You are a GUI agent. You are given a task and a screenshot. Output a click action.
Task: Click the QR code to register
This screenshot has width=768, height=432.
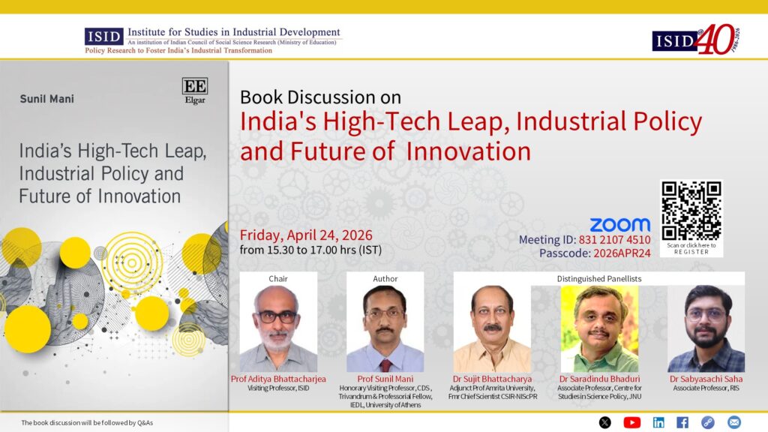(691, 211)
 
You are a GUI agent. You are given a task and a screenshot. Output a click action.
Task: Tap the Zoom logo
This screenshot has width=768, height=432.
(620, 225)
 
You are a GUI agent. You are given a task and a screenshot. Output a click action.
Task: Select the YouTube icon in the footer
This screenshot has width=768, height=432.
(631, 422)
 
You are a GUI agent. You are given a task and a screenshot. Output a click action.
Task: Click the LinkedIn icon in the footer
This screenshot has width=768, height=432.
(658, 422)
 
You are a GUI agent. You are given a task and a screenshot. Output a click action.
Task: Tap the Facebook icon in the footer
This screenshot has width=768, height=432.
(682, 422)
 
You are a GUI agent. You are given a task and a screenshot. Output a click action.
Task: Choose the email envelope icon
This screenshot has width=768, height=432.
(733, 422)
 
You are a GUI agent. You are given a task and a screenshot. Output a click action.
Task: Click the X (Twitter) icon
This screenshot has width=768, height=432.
(605, 422)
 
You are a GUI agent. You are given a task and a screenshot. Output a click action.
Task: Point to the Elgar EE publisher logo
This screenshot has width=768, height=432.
(195, 91)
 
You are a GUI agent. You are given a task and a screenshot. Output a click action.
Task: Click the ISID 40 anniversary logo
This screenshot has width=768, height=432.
(696, 39)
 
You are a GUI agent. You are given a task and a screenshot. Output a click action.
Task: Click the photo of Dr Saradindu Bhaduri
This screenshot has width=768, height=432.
(599, 328)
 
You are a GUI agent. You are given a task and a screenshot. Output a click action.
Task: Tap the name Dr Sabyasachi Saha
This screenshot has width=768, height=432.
(706, 379)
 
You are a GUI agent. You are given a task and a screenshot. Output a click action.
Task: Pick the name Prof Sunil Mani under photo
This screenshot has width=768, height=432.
(385, 379)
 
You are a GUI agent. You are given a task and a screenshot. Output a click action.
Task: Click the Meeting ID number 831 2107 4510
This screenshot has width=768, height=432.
(615, 239)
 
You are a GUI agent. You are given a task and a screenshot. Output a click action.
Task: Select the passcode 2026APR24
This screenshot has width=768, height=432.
(622, 253)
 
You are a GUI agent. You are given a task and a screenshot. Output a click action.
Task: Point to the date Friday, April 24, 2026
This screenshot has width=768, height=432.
(306, 235)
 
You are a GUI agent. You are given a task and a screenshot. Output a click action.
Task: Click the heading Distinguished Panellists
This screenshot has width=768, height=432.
(599, 279)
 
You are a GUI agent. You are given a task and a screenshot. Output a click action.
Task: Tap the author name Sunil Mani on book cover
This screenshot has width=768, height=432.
(47, 99)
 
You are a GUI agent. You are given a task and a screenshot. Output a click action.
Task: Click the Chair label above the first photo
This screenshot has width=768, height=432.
(278, 279)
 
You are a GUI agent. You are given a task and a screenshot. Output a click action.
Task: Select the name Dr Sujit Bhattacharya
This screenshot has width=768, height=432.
(492, 379)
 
